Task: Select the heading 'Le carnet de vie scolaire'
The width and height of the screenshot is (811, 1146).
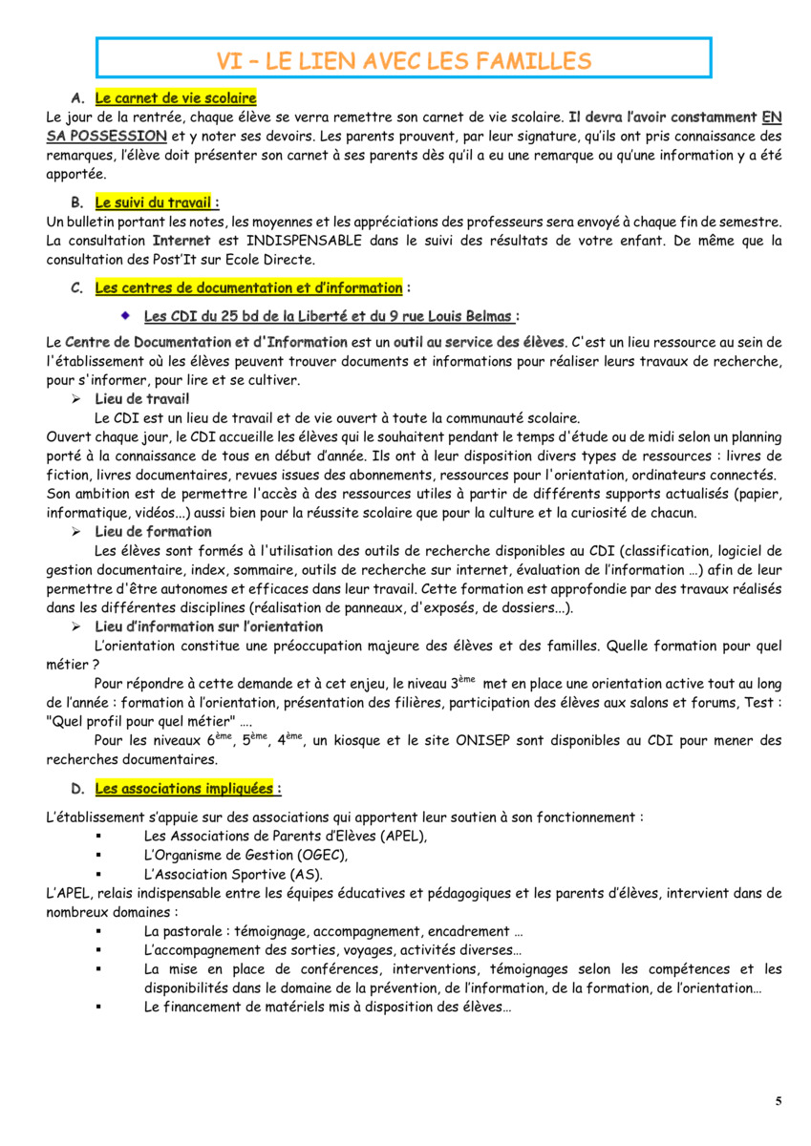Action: pyautogui.click(x=176, y=98)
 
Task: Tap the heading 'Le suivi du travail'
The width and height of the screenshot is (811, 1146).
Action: pyautogui.click(x=157, y=202)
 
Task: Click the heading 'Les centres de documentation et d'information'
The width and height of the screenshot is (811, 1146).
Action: pyautogui.click(x=248, y=287)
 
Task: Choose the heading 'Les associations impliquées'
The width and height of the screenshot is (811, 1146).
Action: pyautogui.click(x=188, y=789)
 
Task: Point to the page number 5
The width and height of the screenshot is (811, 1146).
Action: pyautogui.click(x=779, y=1101)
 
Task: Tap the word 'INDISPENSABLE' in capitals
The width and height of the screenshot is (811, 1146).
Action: pyautogui.click(x=304, y=241)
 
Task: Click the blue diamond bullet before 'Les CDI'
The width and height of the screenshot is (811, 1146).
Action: pyautogui.click(x=124, y=314)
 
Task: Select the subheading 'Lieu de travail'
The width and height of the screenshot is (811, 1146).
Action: pyautogui.click(x=142, y=398)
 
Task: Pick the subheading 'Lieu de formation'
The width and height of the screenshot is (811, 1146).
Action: pyautogui.click(x=153, y=531)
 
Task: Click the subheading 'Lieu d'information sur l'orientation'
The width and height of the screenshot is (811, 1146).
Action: pyautogui.click(x=208, y=626)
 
